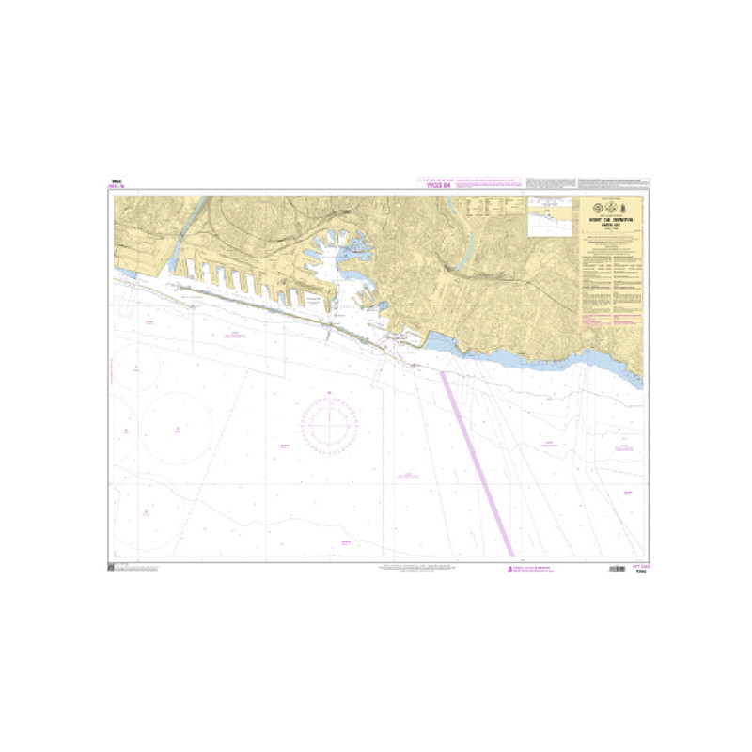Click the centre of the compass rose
click(x=330, y=425)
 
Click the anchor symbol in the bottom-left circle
click(x=147, y=513)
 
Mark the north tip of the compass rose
click(x=330, y=398)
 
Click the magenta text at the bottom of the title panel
click(x=611, y=321)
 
